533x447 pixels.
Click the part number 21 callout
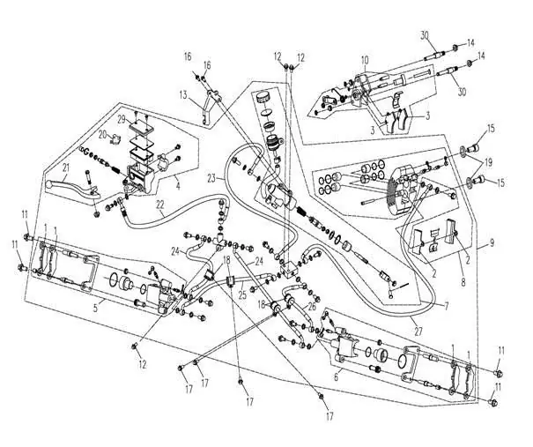tap(65, 167)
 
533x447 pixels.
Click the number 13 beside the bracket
tap(184, 95)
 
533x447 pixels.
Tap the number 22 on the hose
tap(160, 205)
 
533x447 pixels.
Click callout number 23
tap(211, 178)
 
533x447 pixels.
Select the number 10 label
tap(365, 61)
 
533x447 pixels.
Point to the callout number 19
tap(488, 163)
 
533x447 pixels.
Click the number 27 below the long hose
tap(418, 331)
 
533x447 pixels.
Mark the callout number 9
tap(492, 242)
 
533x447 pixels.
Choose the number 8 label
tap(463, 282)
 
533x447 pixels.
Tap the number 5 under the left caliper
tap(95, 309)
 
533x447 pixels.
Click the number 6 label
tap(337, 377)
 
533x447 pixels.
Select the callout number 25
tap(242, 294)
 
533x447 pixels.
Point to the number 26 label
tap(312, 306)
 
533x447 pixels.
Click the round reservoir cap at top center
tap(263, 97)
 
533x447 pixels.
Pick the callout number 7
tap(447, 305)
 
